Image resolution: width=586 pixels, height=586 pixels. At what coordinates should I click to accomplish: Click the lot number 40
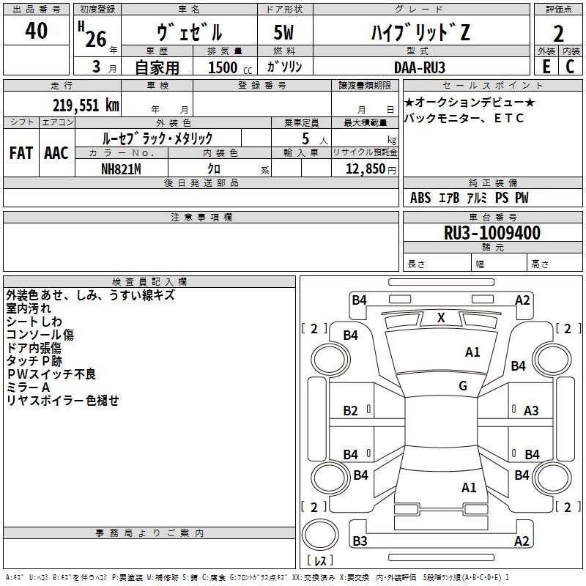37,31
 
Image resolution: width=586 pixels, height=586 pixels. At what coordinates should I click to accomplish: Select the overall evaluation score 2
558,33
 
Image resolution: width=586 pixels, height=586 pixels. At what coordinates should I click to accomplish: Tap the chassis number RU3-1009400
492,234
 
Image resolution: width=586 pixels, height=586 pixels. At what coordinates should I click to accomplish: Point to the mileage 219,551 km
86,105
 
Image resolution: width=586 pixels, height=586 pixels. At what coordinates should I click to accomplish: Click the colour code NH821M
121,168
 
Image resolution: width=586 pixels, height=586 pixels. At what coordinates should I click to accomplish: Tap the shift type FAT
21,153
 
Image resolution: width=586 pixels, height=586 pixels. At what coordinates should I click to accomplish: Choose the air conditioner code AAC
56,153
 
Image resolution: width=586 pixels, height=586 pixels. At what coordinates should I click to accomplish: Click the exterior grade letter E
546,66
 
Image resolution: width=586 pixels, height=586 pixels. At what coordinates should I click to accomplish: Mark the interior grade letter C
570,66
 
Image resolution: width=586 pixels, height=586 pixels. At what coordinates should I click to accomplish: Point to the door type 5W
285,33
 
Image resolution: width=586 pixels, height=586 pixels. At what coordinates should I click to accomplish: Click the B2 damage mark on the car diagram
351,411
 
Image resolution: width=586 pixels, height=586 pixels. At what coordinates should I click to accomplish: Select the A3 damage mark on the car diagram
531,411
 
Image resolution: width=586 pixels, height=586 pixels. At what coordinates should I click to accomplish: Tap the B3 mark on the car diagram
359,541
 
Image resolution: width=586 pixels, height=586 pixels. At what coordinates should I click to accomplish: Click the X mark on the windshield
441,318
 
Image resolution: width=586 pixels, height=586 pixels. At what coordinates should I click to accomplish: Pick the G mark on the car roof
463,386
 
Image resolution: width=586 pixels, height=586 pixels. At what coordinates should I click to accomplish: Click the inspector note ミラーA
28,387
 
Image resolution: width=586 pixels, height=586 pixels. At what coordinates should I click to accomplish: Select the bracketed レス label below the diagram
320,561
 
